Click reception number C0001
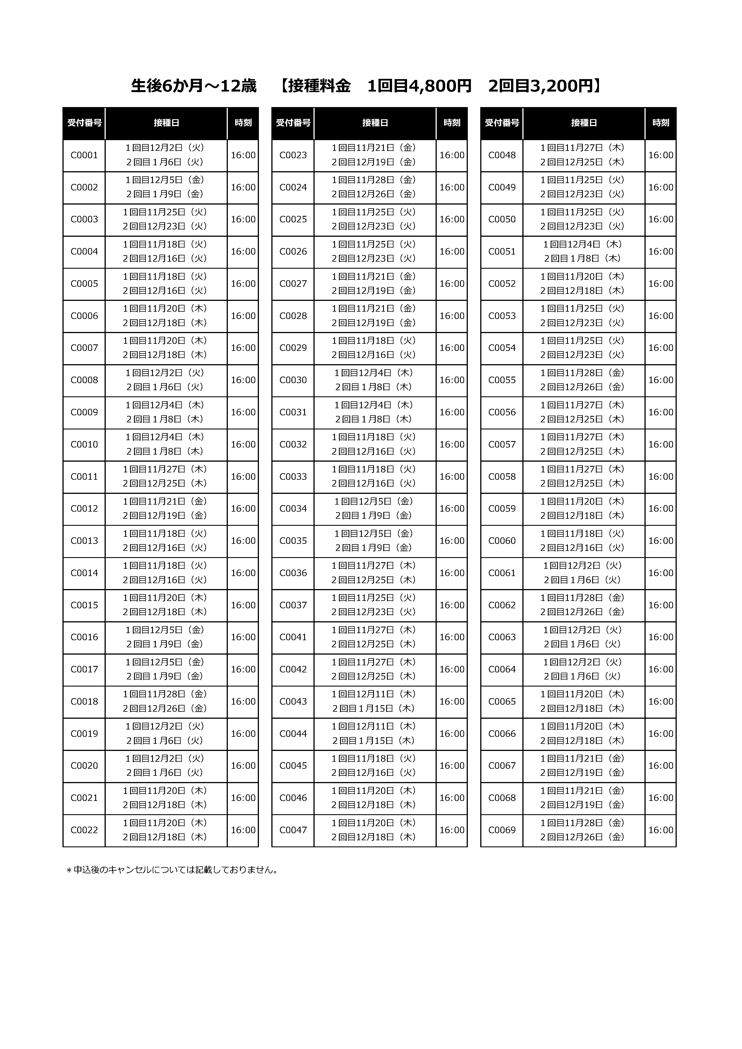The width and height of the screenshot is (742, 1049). coord(84,155)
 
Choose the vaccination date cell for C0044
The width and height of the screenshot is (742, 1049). coord(375,734)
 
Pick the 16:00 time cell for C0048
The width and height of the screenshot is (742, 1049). coord(661,155)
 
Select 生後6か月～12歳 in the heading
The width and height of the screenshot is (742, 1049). coord(194,86)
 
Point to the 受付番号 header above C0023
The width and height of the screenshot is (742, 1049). coord(293,123)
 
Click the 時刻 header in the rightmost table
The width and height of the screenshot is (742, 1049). coord(661,123)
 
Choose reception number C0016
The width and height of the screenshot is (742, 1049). coord(84,637)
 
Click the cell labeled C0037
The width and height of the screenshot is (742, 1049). coord(293,605)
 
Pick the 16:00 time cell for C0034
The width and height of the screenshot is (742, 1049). coord(452,509)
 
